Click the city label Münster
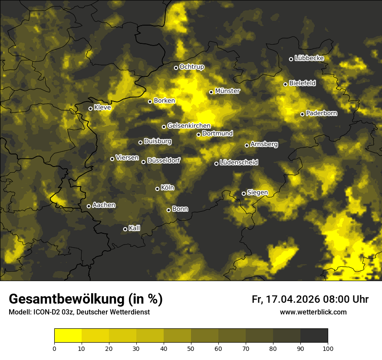pos(227,91)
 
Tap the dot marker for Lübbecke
pos(291,59)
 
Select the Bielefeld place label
pos(302,83)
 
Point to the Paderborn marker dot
pos(303,115)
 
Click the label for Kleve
pos(102,107)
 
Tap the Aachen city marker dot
pos(89,206)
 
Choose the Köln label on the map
pos(168,188)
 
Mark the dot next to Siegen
pos(244,193)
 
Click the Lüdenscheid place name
pos(239,162)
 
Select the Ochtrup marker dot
pos(176,68)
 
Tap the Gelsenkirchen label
pos(189,126)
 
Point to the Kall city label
pos(135,228)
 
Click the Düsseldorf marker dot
pos(144,162)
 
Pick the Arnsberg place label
pos(264,144)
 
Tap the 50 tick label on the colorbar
pos(191,348)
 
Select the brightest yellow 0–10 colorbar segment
pos(68,336)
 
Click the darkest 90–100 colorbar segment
pos(314,336)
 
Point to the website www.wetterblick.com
pos(313,312)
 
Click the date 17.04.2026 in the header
pos(292,299)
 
